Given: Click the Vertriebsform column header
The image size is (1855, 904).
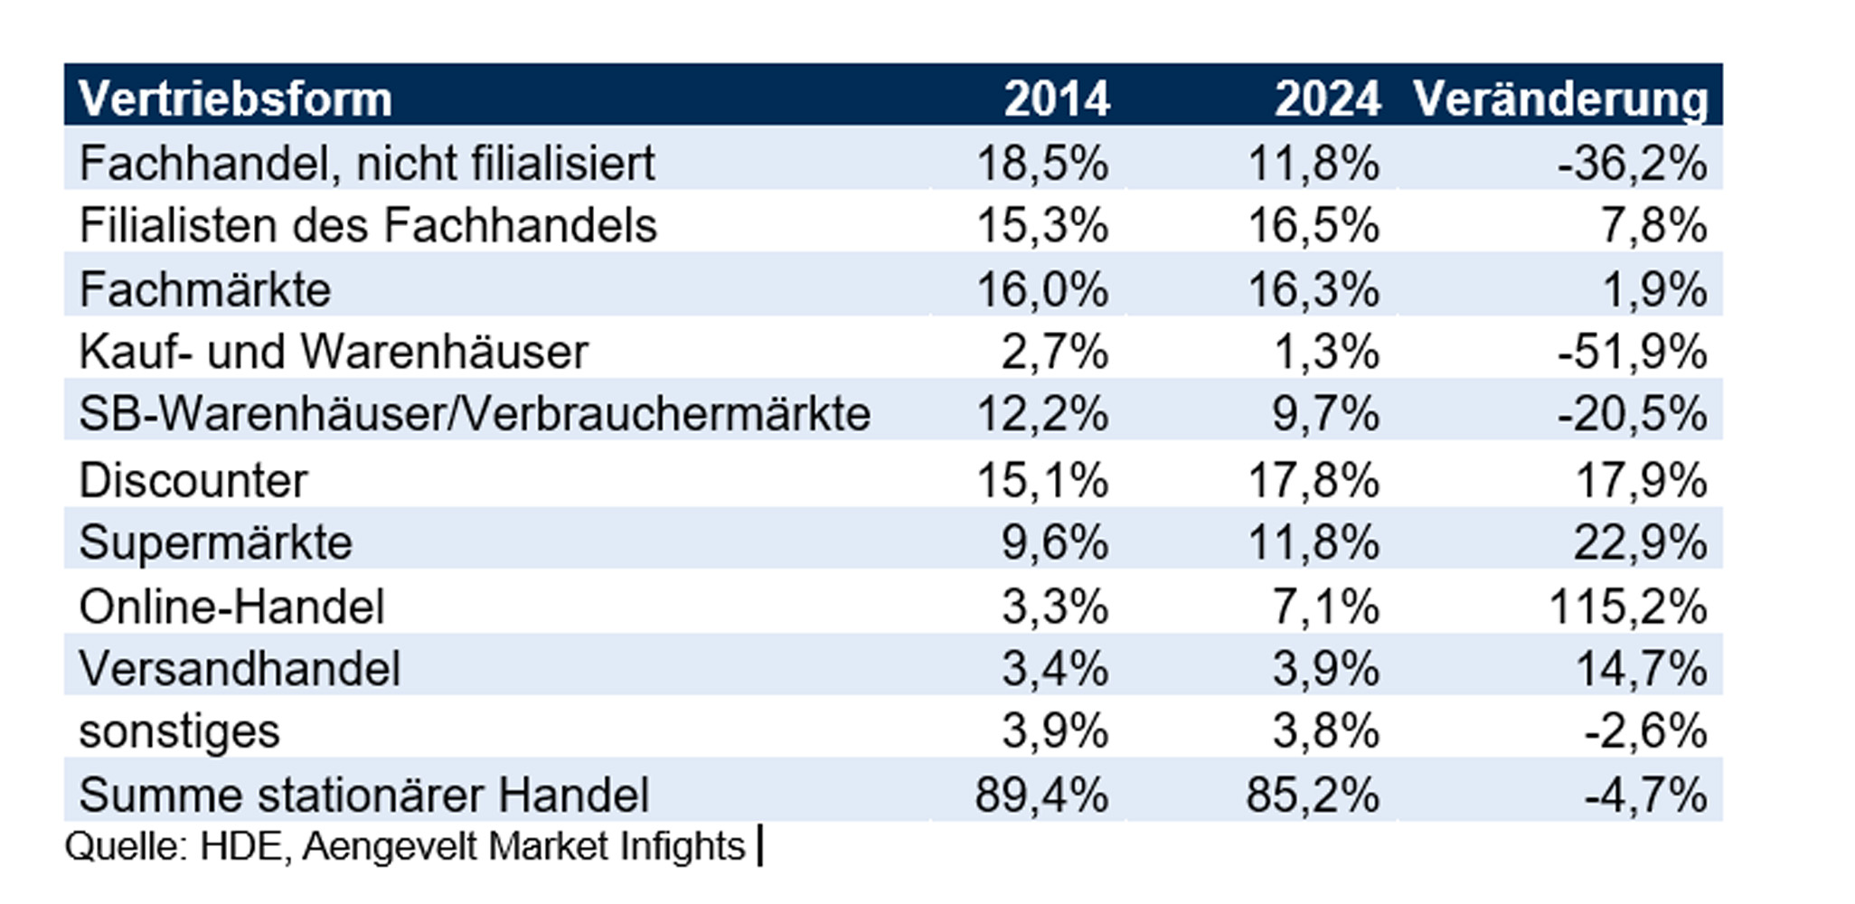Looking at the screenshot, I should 235,99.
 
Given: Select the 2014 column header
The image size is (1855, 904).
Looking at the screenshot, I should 1056,99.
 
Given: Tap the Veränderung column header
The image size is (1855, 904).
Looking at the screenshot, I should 1560,99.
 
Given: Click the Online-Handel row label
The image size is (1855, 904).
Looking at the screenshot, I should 231,607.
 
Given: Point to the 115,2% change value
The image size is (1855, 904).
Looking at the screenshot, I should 1627,607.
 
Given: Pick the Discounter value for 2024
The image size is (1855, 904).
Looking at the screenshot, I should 1313,480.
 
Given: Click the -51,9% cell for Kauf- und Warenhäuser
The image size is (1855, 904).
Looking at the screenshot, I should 1631,352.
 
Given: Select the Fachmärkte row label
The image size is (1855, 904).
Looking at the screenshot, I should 205,290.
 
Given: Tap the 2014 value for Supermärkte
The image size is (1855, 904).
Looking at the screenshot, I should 1054,543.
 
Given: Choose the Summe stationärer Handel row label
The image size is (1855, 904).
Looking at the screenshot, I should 363,796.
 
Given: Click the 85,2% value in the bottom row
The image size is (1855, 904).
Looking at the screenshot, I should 1313,796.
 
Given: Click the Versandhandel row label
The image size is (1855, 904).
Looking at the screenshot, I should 240,670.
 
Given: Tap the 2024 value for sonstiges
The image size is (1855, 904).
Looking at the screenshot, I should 1325,731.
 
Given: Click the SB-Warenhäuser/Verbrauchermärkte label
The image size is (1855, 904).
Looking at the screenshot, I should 475,415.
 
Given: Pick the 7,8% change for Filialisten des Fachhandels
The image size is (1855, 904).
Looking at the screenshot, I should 1653,226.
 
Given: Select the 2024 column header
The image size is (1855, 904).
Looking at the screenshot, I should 1327,99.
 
